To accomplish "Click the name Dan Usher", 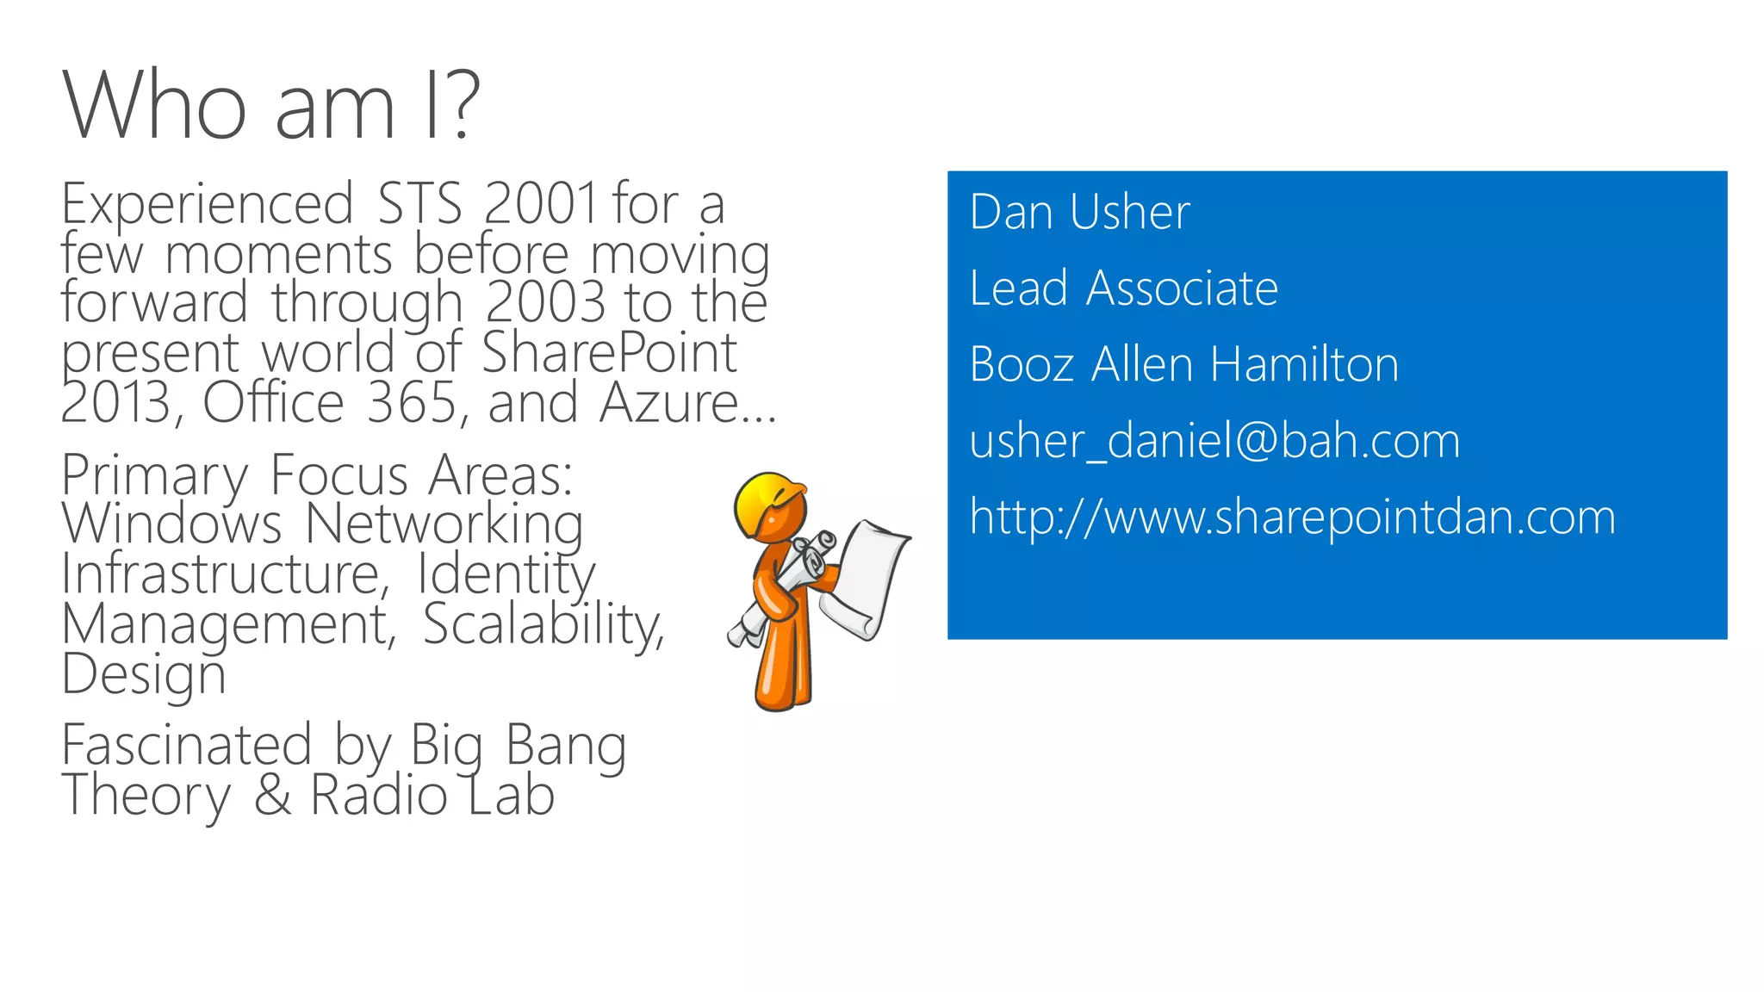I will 1078,212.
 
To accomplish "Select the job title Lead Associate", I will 1123,288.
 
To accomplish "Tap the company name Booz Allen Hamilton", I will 1183,364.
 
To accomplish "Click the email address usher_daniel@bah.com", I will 1214,441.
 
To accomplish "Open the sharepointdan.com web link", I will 1292,517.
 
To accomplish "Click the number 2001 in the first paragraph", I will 540,205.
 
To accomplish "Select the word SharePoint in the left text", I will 609,352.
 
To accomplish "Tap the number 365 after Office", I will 413,402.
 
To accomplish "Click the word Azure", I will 668,402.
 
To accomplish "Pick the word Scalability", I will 543,623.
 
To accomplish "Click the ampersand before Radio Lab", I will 273,795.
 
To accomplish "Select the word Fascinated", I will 186,745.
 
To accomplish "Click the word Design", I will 143,674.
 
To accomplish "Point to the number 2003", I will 545,303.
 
